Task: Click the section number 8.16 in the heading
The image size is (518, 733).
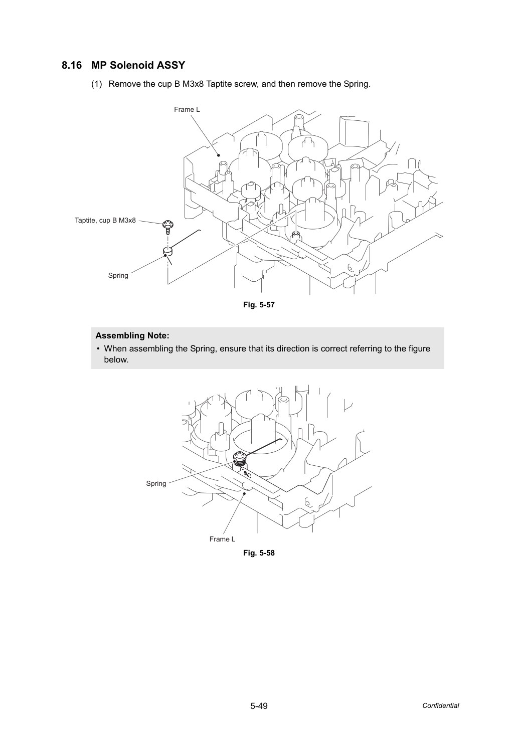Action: (72, 66)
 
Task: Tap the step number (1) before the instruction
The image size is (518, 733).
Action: (97, 84)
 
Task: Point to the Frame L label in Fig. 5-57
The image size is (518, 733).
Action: (187, 110)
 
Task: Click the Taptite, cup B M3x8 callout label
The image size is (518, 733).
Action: (105, 220)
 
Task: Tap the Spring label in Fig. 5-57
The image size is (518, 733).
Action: (118, 276)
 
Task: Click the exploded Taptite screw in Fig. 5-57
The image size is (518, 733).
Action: (168, 227)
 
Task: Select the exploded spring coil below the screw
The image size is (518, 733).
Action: (167, 252)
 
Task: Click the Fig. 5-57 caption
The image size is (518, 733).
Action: (259, 305)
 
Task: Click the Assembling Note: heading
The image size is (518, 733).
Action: (132, 336)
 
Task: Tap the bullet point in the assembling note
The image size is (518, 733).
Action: (98, 349)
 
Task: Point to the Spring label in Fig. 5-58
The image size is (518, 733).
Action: (156, 484)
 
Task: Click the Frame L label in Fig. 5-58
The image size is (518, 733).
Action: (222, 539)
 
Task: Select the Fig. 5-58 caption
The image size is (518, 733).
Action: (259, 553)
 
